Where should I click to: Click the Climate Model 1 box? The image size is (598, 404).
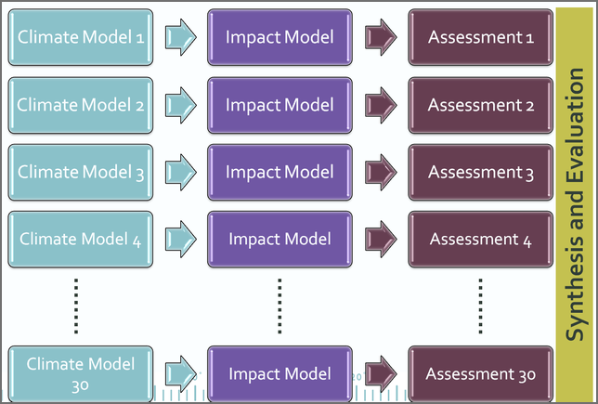click(81, 37)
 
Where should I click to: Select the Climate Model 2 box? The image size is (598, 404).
click(81, 105)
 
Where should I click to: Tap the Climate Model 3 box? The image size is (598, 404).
click(81, 172)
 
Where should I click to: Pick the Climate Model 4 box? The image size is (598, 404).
click(81, 240)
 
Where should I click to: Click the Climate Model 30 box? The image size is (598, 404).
click(81, 373)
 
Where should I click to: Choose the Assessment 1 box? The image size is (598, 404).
click(481, 37)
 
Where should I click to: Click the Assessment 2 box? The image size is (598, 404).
click(481, 105)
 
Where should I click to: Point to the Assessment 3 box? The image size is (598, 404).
click(481, 172)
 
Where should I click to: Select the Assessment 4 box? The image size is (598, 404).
click(481, 240)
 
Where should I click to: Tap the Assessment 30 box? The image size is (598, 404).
click(481, 373)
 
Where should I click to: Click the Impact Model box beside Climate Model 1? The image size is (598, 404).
click(279, 37)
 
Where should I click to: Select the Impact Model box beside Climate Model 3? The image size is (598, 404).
click(279, 172)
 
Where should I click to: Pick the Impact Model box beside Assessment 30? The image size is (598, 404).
click(279, 373)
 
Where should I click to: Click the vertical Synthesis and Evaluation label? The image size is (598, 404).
click(576, 202)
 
